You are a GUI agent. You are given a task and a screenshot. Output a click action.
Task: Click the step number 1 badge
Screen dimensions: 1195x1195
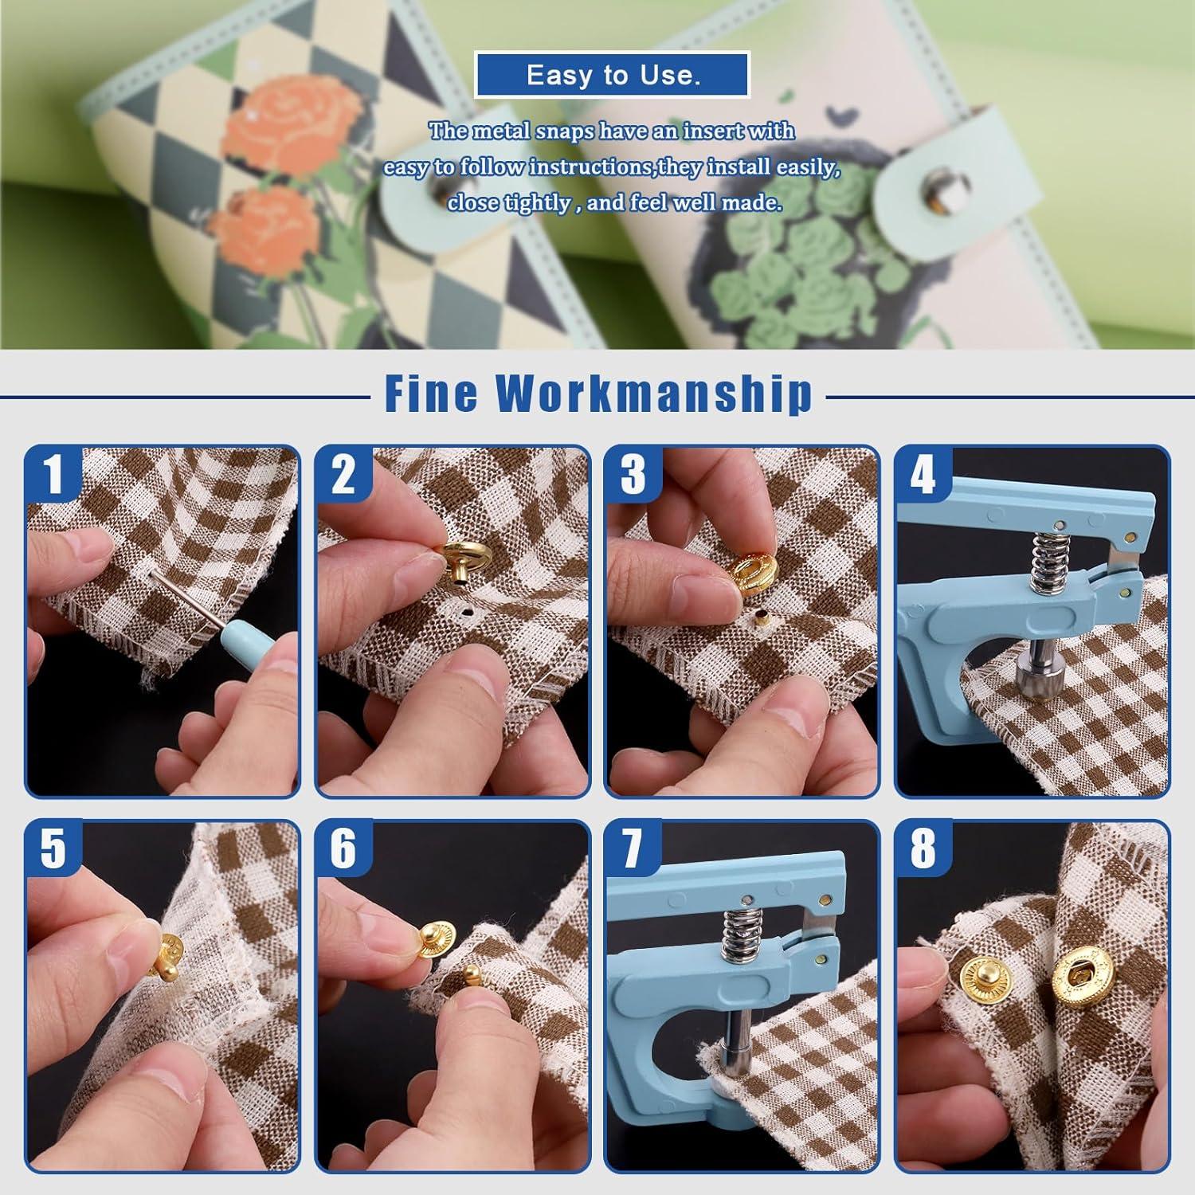[x=53, y=474]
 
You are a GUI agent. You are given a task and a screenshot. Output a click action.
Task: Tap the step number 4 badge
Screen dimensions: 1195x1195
[x=922, y=474]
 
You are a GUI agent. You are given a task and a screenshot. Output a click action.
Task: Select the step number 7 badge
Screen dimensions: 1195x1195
[x=633, y=848]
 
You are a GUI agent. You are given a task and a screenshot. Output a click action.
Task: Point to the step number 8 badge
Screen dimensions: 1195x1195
[x=922, y=848]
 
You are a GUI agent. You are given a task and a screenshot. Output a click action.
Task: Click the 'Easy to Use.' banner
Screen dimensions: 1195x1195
[x=613, y=75]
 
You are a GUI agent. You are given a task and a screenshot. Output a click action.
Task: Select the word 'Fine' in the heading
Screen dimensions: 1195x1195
[x=430, y=393]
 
